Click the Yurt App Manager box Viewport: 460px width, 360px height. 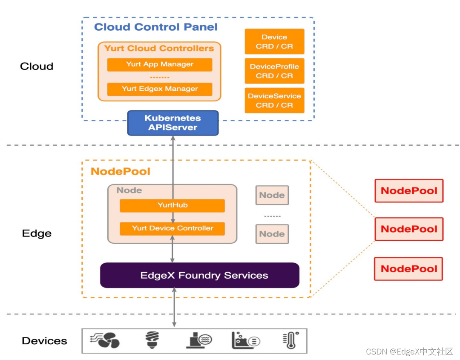160,64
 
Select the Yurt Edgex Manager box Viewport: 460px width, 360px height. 160,89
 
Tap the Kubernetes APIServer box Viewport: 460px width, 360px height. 172,123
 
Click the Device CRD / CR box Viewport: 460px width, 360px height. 274,42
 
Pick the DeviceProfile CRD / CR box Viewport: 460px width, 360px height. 274,71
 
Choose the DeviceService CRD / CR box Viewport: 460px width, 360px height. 274,101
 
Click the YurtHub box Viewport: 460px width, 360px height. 172,205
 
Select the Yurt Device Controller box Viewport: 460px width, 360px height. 172,228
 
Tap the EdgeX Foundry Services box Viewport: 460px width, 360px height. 199,275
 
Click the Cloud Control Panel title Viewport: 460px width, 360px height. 155,27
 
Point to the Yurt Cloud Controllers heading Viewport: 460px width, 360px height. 159,48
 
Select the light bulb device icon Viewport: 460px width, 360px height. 151,340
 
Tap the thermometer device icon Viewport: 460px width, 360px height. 290,340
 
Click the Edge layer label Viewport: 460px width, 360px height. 37,233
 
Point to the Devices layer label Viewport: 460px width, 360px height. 44,341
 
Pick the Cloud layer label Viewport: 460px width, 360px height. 37,66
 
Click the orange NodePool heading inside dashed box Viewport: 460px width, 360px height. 121,171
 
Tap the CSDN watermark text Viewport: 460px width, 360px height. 409,351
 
